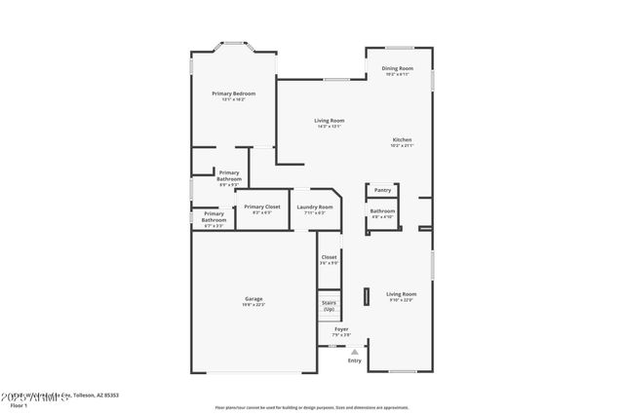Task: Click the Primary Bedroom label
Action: (233, 94)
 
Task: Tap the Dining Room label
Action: (398, 68)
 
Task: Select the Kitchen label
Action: (402, 139)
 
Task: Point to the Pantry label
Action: (382, 190)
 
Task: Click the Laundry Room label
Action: (315, 207)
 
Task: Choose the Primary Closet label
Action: (261, 207)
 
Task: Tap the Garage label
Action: (253, 298)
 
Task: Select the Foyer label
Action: (341, 329)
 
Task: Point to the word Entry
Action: (354, 360)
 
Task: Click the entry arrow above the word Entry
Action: (354, 351)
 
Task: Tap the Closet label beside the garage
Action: (329, 257)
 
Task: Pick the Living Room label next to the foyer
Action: (401, 293)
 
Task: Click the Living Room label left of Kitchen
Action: (329, 121)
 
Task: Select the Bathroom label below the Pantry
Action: (382, 211)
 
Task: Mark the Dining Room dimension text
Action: (398, 74)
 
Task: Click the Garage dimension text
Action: (253, 305)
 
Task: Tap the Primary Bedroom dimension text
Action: (233, 99)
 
